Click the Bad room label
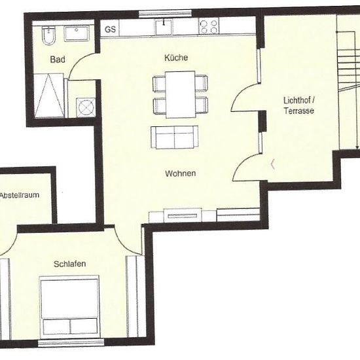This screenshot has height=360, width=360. click(58, 60)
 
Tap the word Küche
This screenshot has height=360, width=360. click(176, 58)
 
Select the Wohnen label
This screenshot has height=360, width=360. click(181, 173)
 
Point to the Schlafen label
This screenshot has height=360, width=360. click(70, 264)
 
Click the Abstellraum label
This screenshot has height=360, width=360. click(19, 195)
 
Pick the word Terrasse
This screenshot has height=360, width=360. click(298, 111)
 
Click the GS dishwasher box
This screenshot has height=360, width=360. click(110, 28)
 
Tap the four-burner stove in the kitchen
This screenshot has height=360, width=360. click(209, 27)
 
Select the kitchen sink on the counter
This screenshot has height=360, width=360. click(164, 27)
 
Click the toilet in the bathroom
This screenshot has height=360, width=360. click(48, 35)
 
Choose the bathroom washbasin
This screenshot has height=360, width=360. click(76, 33)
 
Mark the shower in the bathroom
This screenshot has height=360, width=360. click(48, 96)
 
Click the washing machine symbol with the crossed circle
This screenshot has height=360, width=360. click(86, 107)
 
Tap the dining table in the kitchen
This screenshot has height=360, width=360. click(181, 94)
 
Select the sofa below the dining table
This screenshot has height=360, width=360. click(175, 137)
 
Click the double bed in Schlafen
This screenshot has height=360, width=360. click(69, 307)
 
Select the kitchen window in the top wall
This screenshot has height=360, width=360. click(166, 14)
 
